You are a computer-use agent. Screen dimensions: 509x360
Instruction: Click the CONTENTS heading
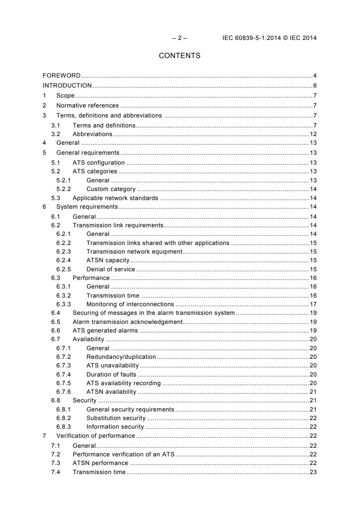[180, 56]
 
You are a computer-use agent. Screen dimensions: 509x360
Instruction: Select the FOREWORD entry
[62, 75]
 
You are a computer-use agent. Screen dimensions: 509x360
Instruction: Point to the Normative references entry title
[87, 105]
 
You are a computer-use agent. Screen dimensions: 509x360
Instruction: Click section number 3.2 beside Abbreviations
[56, 134]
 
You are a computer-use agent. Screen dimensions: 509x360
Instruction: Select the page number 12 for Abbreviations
[313, 134]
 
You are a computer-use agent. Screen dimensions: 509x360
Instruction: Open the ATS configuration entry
[99, 162]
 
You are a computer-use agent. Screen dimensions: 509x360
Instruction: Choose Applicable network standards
[115, 198]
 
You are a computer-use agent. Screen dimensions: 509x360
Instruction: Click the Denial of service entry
[110, 269]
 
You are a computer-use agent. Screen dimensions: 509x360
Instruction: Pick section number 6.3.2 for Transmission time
[64, 295]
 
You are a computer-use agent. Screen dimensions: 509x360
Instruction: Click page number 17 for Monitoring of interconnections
[313, 304]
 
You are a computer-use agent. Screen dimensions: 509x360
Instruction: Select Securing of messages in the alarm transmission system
[153, 313]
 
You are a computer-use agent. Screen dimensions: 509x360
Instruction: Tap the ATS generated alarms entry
[105, 331]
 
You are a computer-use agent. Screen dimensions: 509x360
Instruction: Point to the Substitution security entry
[116, 418]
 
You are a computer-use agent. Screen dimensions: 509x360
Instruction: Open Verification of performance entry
[95, 436]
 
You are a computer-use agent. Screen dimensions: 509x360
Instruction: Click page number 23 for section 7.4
[313, 472]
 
